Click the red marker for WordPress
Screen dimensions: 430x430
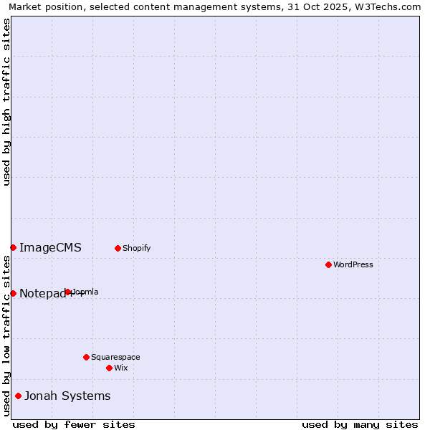(x=328, y=264)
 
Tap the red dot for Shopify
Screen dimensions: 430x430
(x=118, y=248)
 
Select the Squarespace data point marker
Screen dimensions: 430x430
(x=86, y=357)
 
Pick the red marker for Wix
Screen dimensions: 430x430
(x=109, y=368)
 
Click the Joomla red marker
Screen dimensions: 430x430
(x=68, y=292)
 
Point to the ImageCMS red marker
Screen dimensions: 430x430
(x=13, y=247)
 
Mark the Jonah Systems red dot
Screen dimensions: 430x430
(x=18, y=396)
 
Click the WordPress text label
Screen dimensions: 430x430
(x=353, y=264)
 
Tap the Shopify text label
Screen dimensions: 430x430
(x=136, y=248)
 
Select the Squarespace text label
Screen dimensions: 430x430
(x=115, y=357)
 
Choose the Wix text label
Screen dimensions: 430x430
(x=120, y=368)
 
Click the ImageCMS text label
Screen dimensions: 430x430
(x=50, y=248)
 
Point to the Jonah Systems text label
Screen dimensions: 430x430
(x=67, y=396)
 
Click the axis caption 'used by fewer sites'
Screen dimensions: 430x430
(x=74, y=424)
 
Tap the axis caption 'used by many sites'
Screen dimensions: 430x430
(x=360, y=424)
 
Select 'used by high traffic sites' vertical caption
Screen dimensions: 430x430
(x=6, y=102)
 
